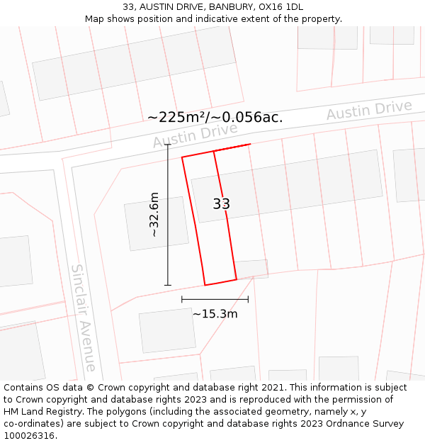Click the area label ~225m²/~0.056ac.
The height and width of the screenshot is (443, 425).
click(x=215, y=117)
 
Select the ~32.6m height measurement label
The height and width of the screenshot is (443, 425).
click(x=154, y=215)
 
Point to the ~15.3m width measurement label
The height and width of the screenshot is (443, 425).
click(x=215, y=313)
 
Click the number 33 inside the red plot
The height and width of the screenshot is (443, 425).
click(x=221, y=204)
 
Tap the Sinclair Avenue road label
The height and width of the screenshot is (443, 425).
click(x=84, y=318)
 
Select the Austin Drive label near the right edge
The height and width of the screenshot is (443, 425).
click(x=368, y=111)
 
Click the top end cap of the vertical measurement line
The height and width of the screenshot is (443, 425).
click(x=168, y=145)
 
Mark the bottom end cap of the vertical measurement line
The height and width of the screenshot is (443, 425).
click(x=168, y=285)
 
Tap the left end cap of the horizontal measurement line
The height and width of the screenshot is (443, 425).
click(x=182, y=299)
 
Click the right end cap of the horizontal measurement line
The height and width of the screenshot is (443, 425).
click(x=249, y=299)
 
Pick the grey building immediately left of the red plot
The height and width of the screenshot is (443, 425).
click(x=157, y=223)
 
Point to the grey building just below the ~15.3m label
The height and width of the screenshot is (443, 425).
click(x=167, y=330)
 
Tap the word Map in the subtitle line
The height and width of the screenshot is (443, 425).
click(x=95, y=18)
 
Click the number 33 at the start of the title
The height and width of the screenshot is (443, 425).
click(x=128, y=7)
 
